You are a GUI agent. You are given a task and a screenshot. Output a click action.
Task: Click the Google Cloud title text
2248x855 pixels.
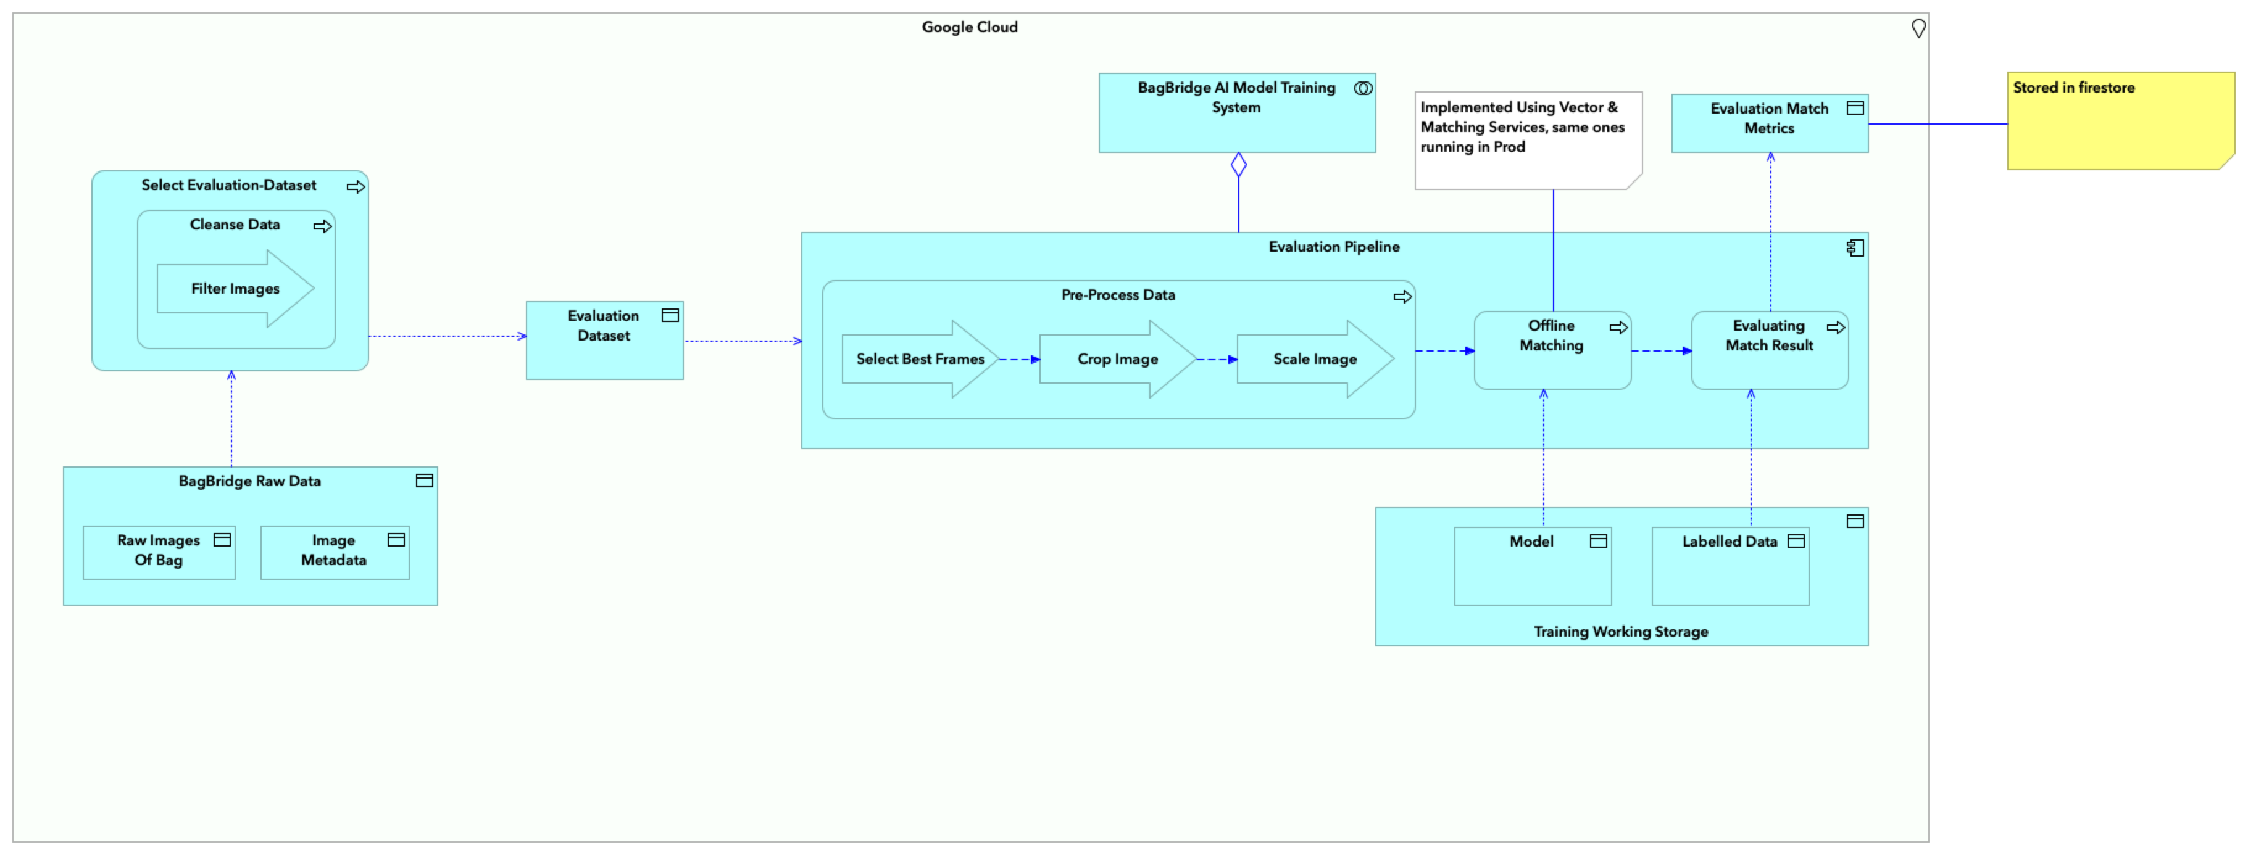[x=970, y=27]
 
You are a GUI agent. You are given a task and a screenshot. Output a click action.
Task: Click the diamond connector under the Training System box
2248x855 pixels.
[x=1238, y=164]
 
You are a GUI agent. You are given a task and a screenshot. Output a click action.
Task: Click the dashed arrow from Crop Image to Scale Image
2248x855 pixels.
[x=1215, y=360]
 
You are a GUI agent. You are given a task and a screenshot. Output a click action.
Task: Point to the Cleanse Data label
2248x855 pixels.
[x=235, y=224]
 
